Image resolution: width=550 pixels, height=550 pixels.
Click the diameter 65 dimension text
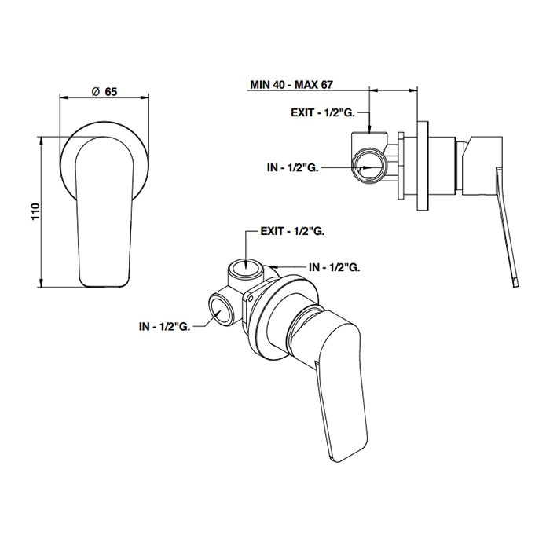[x=104, y=91]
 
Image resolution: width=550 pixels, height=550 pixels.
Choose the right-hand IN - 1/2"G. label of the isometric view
[x=335, y=267]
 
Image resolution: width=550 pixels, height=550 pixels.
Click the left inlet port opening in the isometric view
[x=221, y=313]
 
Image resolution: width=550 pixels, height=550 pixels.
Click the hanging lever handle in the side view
[x=506, y=228]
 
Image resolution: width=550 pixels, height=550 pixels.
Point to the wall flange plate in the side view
[x=423, y=165]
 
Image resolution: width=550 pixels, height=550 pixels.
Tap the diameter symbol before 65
[x=94, y=91]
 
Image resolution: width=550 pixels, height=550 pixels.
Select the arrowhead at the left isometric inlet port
[x=213, y=320]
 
